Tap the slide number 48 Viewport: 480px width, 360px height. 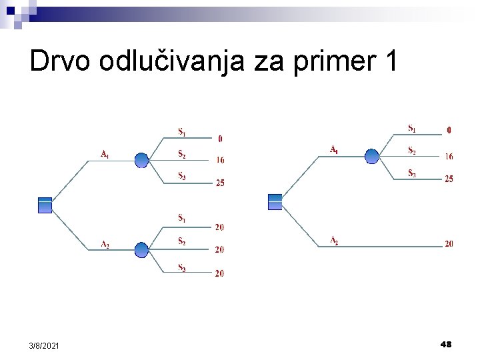pos(446,344)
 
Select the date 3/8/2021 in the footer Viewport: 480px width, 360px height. pos(44,345)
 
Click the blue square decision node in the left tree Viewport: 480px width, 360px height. pos(45,205)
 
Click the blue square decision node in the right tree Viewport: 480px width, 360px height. pos(275,201)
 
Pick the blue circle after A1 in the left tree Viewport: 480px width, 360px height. pos(142,160)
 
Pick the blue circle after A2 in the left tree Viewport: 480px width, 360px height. pos(142,250)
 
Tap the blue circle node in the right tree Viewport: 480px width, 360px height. pos(372,156)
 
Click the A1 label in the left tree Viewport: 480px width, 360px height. pos(105,155)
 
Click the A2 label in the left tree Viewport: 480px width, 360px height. pos(105,245)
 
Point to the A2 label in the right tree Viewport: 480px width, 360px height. pos(334,241)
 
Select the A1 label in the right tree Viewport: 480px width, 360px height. pos(334,150)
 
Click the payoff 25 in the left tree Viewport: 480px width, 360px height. pos(220,183)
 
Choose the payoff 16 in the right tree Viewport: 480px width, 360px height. pos(449,157)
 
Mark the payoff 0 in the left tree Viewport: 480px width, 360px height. pos(221,139)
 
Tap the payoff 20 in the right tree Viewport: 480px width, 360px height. pos(449,244)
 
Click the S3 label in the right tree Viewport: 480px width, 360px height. pos(412,173)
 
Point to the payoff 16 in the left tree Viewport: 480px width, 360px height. pos(220,160)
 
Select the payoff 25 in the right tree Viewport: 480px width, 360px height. pos(449,179)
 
